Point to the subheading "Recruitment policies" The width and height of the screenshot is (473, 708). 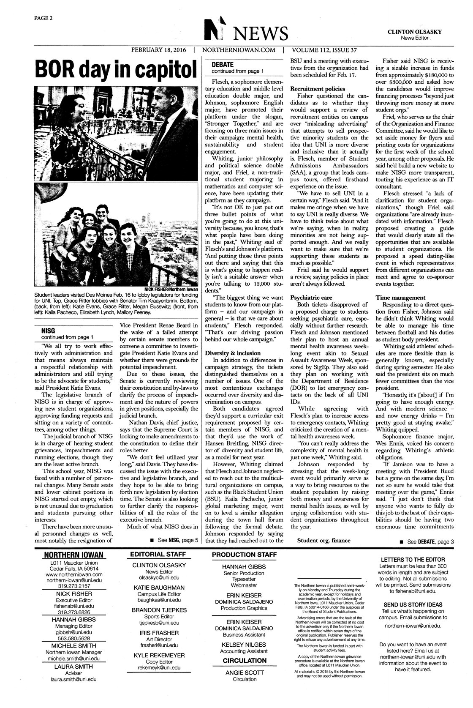coord(318,89)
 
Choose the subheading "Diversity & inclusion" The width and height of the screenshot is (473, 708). coord(233,353)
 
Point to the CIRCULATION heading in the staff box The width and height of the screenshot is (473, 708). coord(245,660)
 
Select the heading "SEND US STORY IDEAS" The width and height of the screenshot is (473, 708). coord(412,604)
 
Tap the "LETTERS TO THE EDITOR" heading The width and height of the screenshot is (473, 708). coord(412,559)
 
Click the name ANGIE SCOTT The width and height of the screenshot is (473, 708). coord(245,672)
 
